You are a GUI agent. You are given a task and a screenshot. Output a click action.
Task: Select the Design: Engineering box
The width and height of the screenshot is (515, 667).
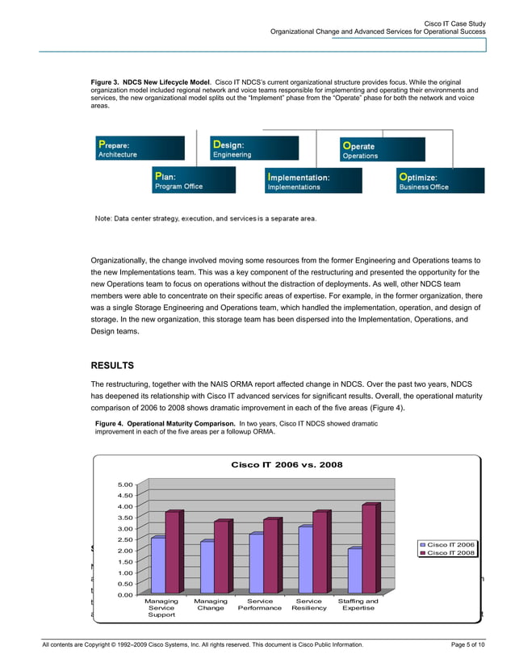(x=255, y=149)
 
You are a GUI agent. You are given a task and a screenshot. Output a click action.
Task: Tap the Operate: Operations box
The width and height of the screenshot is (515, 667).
(x=381, y=150)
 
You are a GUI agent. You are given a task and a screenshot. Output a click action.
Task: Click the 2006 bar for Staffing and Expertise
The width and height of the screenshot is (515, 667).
(x=354, y=571)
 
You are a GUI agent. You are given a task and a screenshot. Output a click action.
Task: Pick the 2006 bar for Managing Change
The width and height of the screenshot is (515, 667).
(x=207, y=568)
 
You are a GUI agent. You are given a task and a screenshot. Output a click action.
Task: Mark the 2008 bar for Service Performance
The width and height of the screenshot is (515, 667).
(x=270, y=556)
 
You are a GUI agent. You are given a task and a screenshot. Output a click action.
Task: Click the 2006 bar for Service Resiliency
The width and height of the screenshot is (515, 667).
(x=304, y=560)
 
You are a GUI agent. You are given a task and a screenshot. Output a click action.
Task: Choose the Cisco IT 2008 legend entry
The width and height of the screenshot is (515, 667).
(x=450, y=553)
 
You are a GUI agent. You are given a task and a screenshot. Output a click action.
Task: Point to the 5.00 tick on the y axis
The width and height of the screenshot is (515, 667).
(x=125, y=485)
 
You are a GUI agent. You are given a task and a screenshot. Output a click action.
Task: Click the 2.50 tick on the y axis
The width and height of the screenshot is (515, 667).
(x=125, y=539)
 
